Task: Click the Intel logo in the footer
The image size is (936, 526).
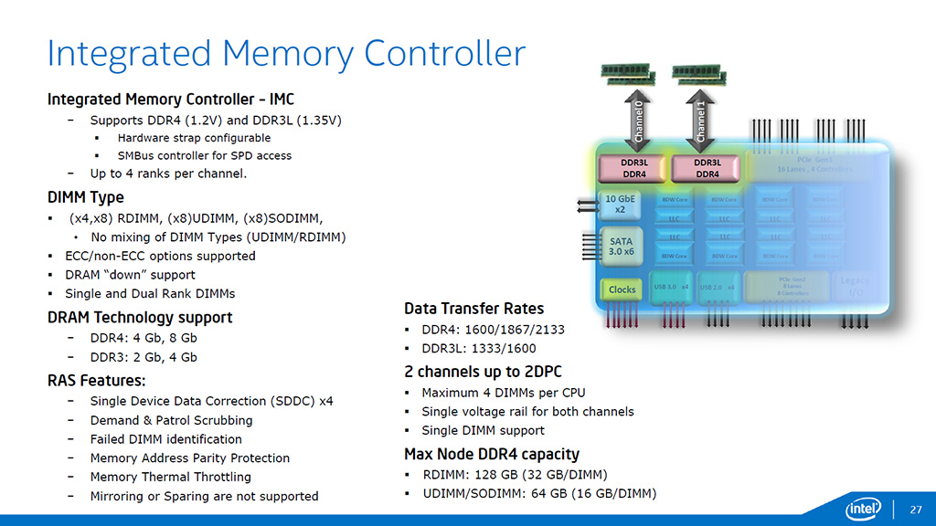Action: [x=863, y=507]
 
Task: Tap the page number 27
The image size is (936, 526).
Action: [x=914, y=508]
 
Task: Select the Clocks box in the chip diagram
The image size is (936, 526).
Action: [x=622, y=289]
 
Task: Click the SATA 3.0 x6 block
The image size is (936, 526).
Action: [x=621, y=245]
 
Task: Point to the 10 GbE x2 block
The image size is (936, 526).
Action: [x=621, y=203]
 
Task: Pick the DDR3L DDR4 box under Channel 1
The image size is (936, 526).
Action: [x=707, y=168]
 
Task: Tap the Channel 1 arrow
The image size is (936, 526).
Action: [x=701, y=121]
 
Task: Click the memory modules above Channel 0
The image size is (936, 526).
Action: [x=629, y=74]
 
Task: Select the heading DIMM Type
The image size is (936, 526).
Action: [x=85, y=197]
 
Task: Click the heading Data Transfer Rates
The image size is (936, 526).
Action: [x=473, y=309]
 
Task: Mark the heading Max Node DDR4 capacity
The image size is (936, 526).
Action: [x=492, y=454]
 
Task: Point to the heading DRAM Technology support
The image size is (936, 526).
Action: [x=140, y=318]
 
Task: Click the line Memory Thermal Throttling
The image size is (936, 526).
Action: [x=170, y=477]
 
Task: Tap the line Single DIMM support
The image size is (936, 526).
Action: [x=483, y=430]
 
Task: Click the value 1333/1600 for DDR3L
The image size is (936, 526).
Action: [x=505, y=348]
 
